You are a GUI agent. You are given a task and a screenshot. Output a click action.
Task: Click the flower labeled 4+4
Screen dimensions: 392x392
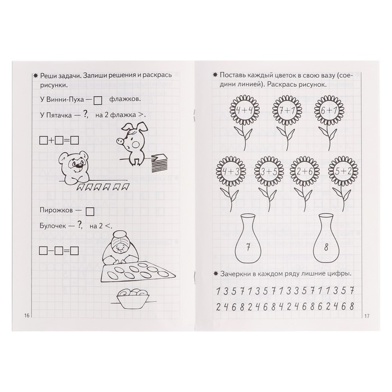tap(244, 110)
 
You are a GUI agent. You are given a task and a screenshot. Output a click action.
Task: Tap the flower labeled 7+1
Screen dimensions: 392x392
tap(287, 110)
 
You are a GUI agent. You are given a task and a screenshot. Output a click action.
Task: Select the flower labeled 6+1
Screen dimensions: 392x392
tap(329, 110)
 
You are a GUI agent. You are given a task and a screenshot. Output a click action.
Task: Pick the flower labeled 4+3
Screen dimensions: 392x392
tap(231, 171)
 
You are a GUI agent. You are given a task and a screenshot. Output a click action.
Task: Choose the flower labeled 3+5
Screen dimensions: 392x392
tap(269, 171)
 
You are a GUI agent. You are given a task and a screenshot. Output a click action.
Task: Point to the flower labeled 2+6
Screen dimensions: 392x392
tap(305, 171)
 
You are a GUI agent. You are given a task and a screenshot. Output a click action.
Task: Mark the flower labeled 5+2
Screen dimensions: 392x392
tap(343, 171)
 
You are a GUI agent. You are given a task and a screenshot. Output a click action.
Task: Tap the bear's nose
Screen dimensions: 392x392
tap(80, 165)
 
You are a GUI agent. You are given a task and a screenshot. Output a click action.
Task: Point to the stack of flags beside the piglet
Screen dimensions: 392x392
tap(160, 163)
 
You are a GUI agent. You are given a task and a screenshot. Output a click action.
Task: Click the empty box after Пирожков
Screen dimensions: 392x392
tap(90, 212)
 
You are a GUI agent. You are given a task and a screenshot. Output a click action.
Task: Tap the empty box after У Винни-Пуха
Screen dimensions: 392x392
tap(97, 100)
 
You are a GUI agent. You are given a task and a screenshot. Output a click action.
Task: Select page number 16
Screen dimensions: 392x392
tap(27, 315)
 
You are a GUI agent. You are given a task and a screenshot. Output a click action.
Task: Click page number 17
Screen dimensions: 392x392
tap(366, 316)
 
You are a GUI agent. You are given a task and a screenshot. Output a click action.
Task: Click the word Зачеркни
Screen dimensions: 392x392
tap(235, 274)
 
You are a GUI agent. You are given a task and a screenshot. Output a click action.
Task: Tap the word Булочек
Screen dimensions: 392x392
tap(53, 226)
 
